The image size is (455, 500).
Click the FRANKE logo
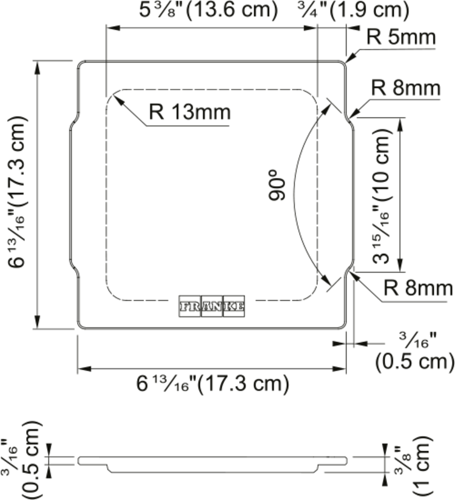[212, 306]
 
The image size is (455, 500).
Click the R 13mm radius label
[190, 112]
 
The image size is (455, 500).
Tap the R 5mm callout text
[401, 37]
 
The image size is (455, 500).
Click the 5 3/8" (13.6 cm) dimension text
[209, 10]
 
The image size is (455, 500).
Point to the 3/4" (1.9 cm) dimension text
[353, 10]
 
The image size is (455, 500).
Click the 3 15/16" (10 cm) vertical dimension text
[382, 196]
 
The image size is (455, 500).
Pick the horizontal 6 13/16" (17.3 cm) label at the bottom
[213, 383]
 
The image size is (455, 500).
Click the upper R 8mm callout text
[405, 88]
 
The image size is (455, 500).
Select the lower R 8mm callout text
[418, 288]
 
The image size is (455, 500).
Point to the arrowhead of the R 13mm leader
[118, 99]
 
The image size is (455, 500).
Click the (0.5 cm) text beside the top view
[414, 362]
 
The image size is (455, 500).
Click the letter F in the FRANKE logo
[184, 307]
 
